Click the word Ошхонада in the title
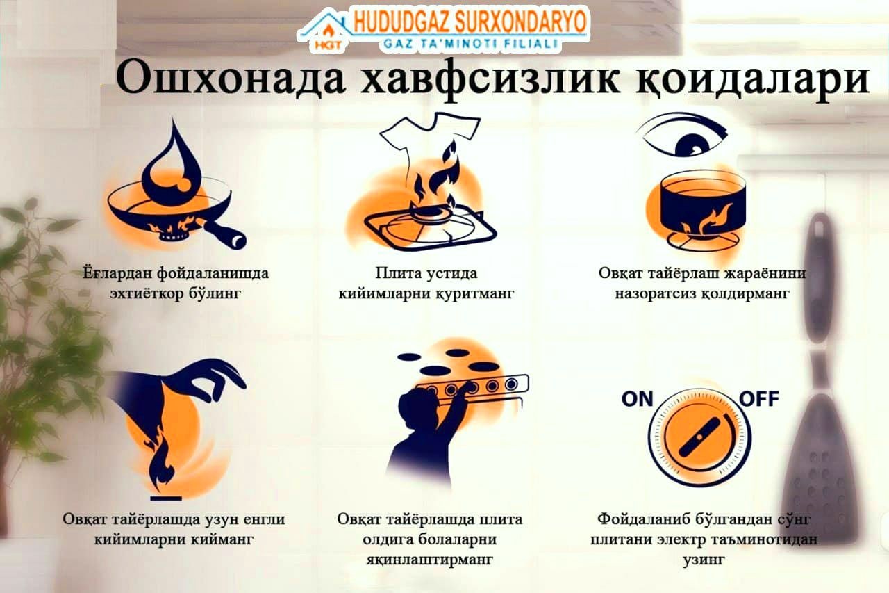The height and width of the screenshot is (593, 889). [x=230, y=79]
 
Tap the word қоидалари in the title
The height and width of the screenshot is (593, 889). [x=754, y=82]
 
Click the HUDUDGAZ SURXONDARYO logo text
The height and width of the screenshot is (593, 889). [x=470, y=22]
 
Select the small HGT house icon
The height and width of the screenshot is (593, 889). [x=326, y=32]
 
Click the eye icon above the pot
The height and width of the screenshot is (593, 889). [x=682, y=136]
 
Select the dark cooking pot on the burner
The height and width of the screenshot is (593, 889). [x=702, y=206]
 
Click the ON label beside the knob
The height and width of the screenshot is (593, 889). [x=638, y=399]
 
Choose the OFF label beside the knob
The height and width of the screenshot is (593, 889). [x=759, y=399]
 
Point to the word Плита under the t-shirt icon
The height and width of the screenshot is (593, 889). [x=401, y=274]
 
